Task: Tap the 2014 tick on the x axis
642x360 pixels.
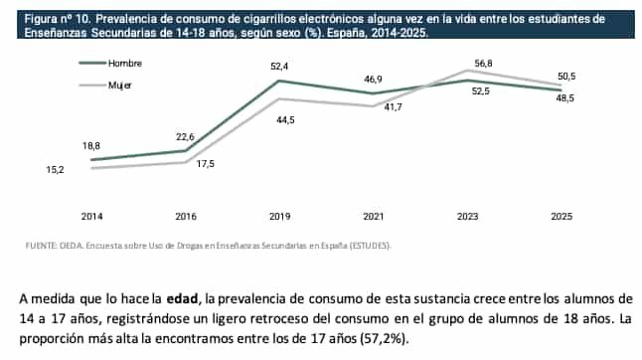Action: pyautogui.click(x=91, y=216)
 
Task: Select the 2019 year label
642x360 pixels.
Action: pyautogui.click(x=279, y=216)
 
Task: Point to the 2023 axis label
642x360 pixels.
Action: pyautogui.click(x=467, y=216)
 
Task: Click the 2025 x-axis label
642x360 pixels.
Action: pyautogui.click(x=561, y=216)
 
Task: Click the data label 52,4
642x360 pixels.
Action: pyautogui.click(x=279, y=66)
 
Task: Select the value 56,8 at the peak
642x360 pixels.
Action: pyautogui.click(x=483, y=63)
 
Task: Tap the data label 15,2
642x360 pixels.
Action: pyautogui.click(x=56, y=170)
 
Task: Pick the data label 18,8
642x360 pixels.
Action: pyautogui.click(x=91, y=146)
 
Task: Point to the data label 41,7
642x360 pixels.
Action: pyautogui.click(x=393, y=106)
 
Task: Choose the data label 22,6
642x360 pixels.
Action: pyautogui.click(x=186, y=137)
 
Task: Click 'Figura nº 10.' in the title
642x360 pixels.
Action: pyautogui.click(x=45, y=18)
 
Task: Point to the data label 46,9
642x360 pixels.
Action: pyautogui.click(x=373, y=79)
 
